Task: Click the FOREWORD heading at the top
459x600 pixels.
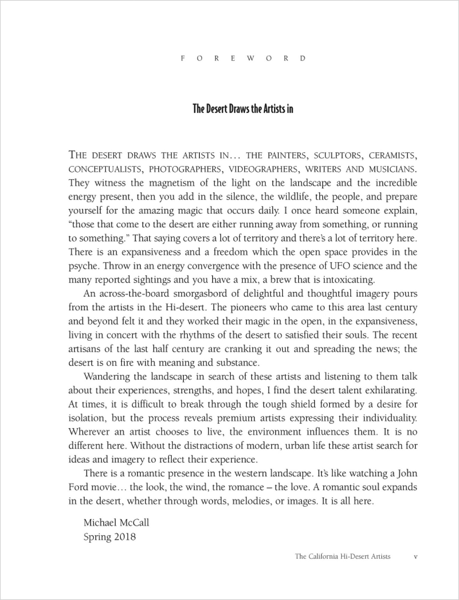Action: click(243, 58)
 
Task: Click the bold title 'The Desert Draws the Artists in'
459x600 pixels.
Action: click(243, 109)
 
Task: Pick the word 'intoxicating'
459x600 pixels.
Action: click(349, 280)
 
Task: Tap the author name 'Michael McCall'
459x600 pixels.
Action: click(116, 522)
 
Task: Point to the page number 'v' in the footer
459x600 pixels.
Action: click(415, 556)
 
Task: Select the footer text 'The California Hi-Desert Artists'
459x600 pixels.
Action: click(343, 556)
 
